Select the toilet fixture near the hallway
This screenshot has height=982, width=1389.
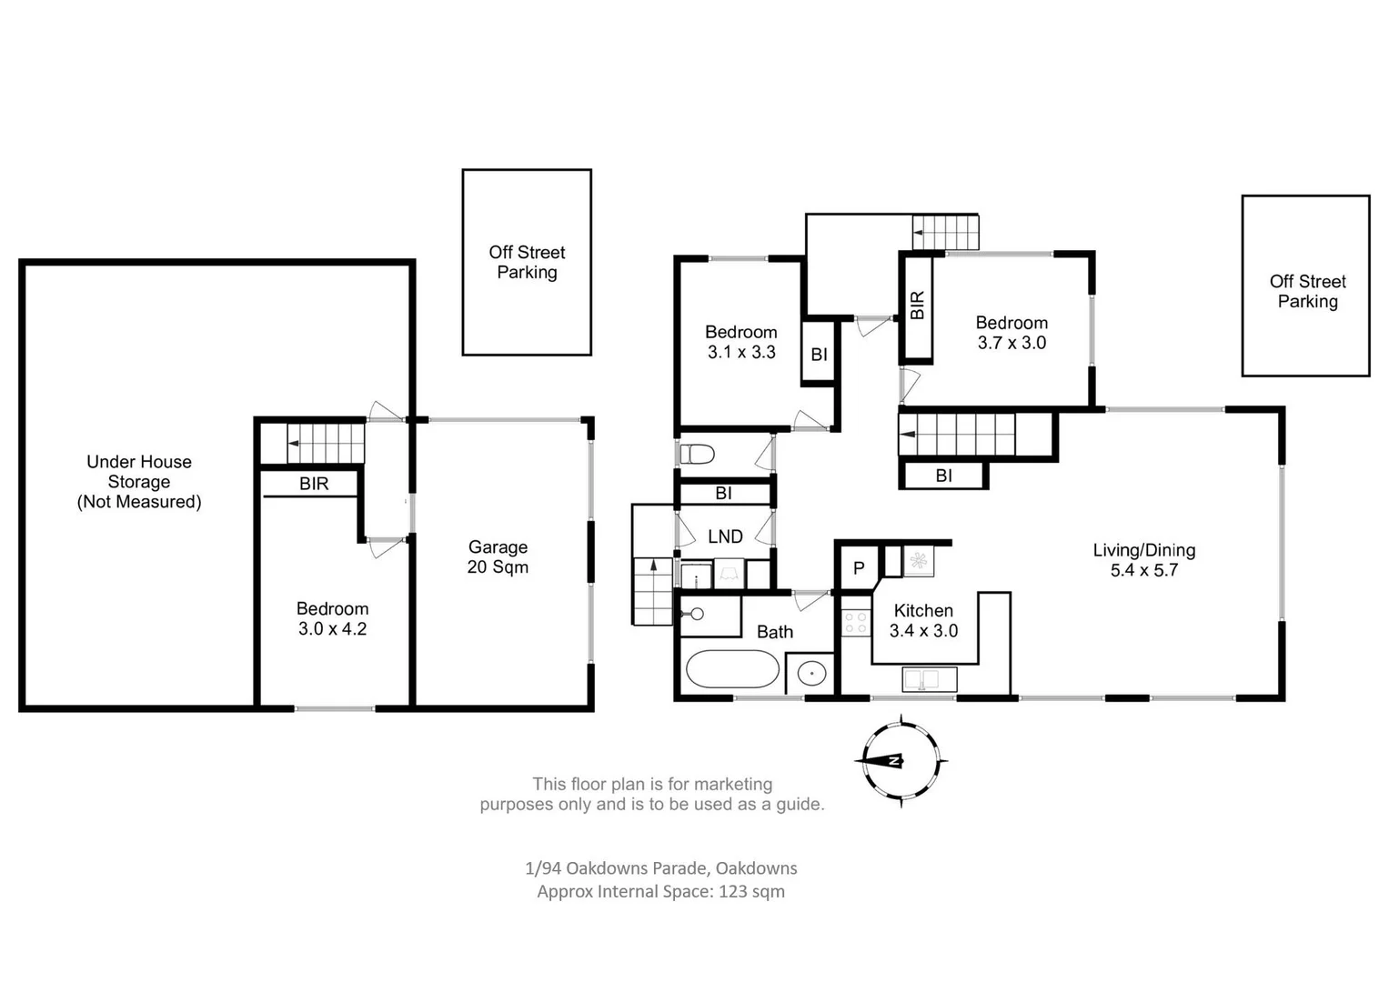699,453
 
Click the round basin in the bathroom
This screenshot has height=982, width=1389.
810,674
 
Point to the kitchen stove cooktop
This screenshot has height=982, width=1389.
856,623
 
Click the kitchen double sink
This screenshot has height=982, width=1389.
929,678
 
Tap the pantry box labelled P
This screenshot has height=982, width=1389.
858,568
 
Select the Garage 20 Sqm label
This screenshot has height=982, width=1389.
498,556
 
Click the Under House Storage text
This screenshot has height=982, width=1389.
139,481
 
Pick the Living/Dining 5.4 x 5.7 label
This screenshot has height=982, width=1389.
1143,559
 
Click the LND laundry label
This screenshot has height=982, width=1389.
725,536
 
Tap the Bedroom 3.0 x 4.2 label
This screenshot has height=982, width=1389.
332,618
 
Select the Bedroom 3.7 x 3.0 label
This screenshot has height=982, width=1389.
1012,333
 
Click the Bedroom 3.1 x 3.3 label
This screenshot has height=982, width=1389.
740,342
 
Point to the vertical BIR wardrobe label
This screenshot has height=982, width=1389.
917,305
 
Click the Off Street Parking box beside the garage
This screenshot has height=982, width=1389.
527,262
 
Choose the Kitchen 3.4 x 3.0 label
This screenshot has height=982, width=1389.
923,620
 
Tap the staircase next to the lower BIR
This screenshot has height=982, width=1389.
325,444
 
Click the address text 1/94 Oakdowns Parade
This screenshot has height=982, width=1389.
660,867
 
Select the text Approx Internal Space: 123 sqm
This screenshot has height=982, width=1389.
660,891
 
